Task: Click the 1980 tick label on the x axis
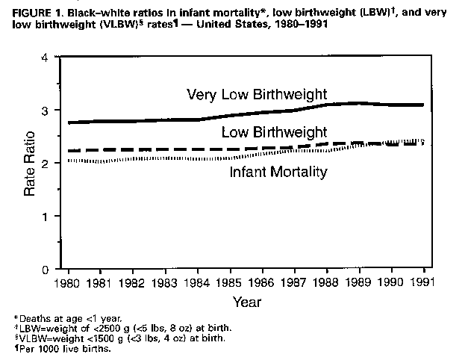pyautogui.click(x=69, y=283)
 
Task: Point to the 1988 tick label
pyautogui.click(x=327, y=283)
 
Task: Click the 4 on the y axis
pyautogui.click(x=46, y=58)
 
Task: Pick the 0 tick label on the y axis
pyautogui.click(x=46, y=269)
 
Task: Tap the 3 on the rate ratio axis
pyautogui.click(x=46, y=111)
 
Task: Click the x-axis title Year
pyautogui.click(x=246, y=302)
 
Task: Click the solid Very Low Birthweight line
pyautogui.click(x=149, y=120)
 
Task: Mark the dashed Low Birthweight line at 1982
pyautogui.click(x=134, y=149)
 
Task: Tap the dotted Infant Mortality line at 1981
pyautogui.click(x=101, y=161)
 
